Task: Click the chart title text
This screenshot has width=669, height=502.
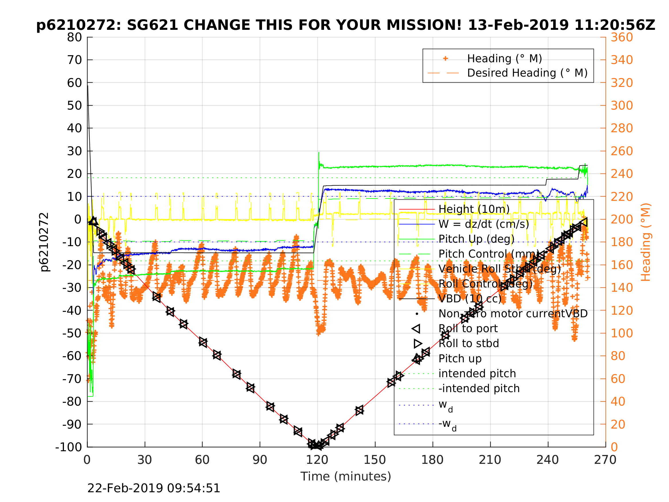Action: point(345,25)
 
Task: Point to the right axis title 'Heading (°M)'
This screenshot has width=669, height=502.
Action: point(645,242)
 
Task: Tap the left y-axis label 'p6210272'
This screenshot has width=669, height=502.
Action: point(44,242)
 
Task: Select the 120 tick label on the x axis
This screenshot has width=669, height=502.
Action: point(317,460)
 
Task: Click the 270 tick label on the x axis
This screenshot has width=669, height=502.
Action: point(605,460)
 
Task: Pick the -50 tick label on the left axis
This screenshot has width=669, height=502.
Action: point(72,333)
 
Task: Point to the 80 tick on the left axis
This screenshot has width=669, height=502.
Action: point(74,38)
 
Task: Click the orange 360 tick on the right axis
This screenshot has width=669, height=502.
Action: point(622,38)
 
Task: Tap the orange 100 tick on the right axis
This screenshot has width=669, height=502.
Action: point(622,333)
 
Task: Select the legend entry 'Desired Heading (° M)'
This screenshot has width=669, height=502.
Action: point(527,73)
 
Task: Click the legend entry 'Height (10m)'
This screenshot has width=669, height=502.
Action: point(474,209)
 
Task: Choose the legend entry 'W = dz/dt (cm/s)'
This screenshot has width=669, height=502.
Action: point(483,224)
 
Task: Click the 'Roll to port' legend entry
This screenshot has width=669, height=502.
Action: point(468,328)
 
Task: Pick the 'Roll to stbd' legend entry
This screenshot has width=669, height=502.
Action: point(469,343)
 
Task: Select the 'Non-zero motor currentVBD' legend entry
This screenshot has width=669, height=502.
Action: point(513,314)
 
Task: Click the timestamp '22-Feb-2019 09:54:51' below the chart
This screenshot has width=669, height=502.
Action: point(154,489)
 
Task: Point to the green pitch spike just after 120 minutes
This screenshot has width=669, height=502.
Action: point(319,153)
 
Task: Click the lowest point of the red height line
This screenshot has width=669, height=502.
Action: point(317,445)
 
